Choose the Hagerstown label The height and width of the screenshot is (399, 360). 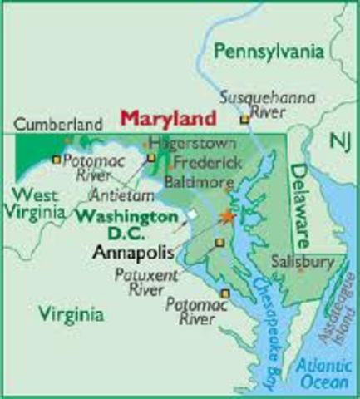(x=188, y=141)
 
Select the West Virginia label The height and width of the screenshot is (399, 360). (x=32, y=203)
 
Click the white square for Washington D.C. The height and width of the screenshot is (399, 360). (x=192, y=214)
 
